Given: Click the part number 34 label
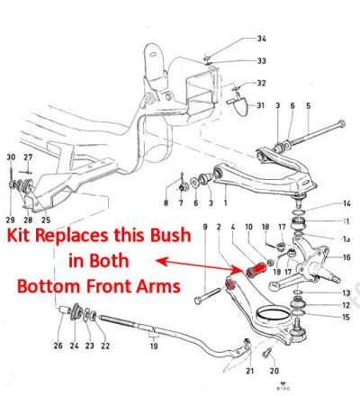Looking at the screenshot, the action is tap(262, 39).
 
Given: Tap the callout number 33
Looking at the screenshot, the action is tap(262, 61).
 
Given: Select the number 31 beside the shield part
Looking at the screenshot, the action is tap(261, 105).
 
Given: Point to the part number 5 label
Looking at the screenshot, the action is tap(309, 105).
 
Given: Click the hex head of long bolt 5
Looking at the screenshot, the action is tap(341, 123).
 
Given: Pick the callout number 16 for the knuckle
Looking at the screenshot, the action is tap(346, 257).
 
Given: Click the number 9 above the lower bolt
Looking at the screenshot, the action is tap(205, 227).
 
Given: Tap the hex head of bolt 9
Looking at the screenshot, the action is tap(198, 301).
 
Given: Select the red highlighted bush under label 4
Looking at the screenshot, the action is tap(256, 269).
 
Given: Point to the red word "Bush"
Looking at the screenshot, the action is tap(170, 236).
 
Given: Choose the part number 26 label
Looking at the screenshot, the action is tap(58, 346).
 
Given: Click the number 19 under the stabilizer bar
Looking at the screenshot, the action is tap(154, 346).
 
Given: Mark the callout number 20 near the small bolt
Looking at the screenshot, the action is tap(274, 371).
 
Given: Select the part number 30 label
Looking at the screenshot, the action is tap(11, 157).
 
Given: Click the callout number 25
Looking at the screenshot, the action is tap(46, 220).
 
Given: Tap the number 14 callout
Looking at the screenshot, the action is tap(346, 203).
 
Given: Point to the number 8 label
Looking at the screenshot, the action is tap(166, 203).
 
